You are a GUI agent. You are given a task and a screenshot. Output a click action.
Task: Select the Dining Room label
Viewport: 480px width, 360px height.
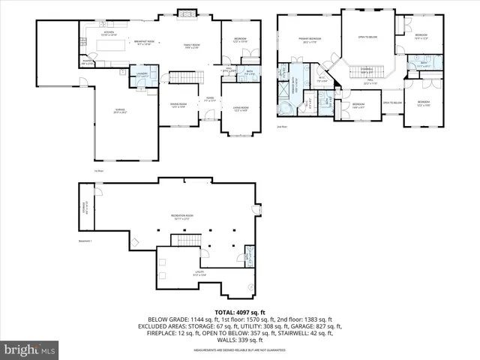(178, 105)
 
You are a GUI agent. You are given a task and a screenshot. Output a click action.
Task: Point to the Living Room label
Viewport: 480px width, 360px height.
(241, 109)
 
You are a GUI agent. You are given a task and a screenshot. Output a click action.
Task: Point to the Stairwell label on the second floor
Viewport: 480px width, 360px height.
(367, 71)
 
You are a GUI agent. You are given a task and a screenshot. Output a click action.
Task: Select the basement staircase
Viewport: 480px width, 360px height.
(184, 241)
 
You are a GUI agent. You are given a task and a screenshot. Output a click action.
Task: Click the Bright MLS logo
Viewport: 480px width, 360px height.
(30, 349)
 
